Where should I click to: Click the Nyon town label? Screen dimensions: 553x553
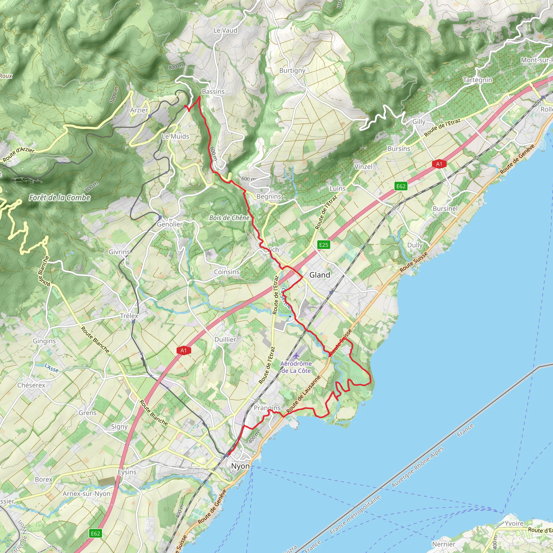[x=240, y=466]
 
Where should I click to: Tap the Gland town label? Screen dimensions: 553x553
[x=319, y=275]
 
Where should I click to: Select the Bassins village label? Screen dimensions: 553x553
[x=213, y=92]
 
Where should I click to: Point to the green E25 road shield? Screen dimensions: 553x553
[x=324, y=245]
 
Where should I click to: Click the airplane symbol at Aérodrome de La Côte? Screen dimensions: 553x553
[x=296, y=356]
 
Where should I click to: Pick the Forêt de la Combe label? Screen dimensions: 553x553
[x=60, y=197]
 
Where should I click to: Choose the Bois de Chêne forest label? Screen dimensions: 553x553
[x=229, y=218]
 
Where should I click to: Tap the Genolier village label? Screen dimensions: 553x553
[x=170, y=224]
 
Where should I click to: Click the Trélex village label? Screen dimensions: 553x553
[x=129, y=316]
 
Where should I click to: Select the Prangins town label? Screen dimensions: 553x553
[x=267, y=408]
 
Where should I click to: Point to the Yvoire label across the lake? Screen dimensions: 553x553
[x=514, y=524]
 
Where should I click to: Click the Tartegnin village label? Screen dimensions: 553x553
[x=478, y=80]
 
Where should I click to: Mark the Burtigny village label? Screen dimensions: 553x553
[x=292, y=70]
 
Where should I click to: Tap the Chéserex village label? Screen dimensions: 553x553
[x=31, y=385]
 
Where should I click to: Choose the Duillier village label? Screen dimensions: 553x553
[x=225, y=339]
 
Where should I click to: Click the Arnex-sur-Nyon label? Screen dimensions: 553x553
[x=86, y=494]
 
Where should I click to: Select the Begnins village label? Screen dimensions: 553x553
[x=269, y=197]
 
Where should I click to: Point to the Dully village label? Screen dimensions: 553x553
[x=415, y=245]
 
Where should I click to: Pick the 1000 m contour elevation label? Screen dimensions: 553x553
[x=114, y=95]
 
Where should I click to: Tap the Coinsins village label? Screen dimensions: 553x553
[x=227, y=272]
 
